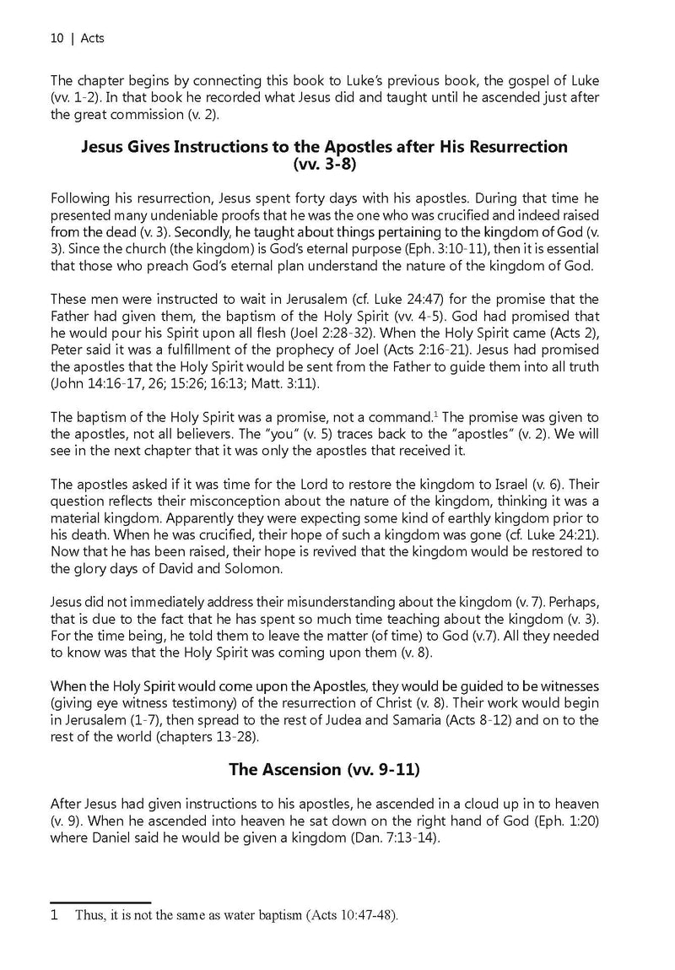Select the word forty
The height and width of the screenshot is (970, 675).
tap(308, 199)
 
